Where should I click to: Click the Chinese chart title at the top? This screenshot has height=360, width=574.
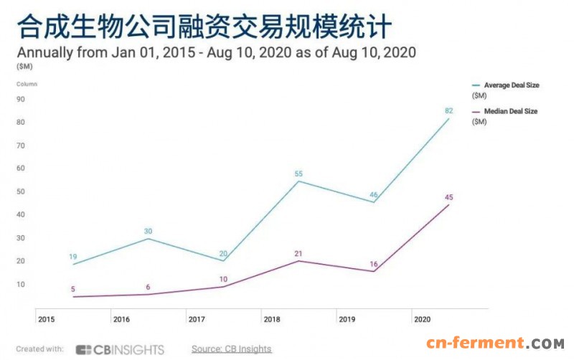(x=204, y=27)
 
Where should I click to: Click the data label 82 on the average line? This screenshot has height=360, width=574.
(x=449, y=110)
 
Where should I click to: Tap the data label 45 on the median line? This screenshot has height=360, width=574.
(x=449, y=197)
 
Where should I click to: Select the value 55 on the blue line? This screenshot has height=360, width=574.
(x=298, y=174)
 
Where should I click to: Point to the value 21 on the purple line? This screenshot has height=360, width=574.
(x=298, y=253)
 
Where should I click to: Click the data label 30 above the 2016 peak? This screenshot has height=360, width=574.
(x=148, y=231)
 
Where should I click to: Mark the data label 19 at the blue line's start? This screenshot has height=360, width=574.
(x=72, y=257)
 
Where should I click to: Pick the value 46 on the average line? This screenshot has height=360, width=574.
(x=374, y=194)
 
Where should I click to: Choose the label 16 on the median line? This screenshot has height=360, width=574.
(x=374, y=264)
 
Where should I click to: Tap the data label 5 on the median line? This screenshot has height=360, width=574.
(x=72, y=289)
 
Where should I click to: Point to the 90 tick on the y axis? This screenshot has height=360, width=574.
(x=22, y=100)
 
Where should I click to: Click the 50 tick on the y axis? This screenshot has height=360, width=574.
(x=22, y=192)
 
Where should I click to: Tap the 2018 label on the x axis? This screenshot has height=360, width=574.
(x=272, y=318)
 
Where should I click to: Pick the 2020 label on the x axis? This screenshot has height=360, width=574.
(x=423, y=318)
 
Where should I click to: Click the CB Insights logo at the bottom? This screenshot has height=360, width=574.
(x=120, y=350)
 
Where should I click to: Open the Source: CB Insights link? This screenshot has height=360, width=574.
(x=231, y=349)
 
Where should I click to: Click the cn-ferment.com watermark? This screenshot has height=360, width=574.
(x=495, y=345)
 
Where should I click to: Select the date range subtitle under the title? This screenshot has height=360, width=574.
(x=216, y=52)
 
